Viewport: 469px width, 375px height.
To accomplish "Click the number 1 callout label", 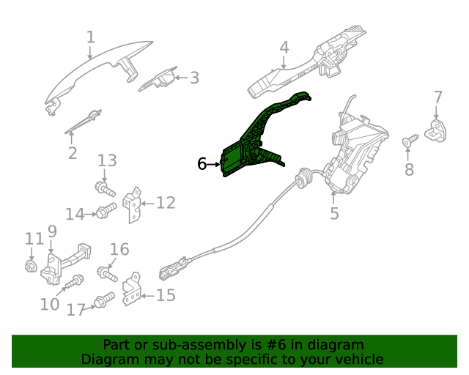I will coord(90,37).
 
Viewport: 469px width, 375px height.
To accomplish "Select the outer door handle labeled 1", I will coord(88,74).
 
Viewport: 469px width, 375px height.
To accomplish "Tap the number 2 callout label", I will coord(72,153).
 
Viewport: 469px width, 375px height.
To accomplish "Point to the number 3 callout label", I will coord(193,77).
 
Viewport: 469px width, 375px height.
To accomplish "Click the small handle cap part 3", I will coord(159,80).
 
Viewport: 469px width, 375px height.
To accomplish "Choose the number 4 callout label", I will coord(284,48).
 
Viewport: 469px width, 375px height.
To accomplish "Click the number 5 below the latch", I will coord(334,213).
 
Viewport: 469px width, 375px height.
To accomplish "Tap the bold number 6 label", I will coord(202,164).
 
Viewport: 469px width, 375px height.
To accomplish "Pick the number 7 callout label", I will coord(437,97).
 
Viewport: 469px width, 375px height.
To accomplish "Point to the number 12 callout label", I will coord(166,202).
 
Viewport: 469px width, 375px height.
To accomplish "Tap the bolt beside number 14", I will coord(104,213).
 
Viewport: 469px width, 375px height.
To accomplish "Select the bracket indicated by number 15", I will coord(133,291).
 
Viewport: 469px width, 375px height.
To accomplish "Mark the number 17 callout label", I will coord(76,310).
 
